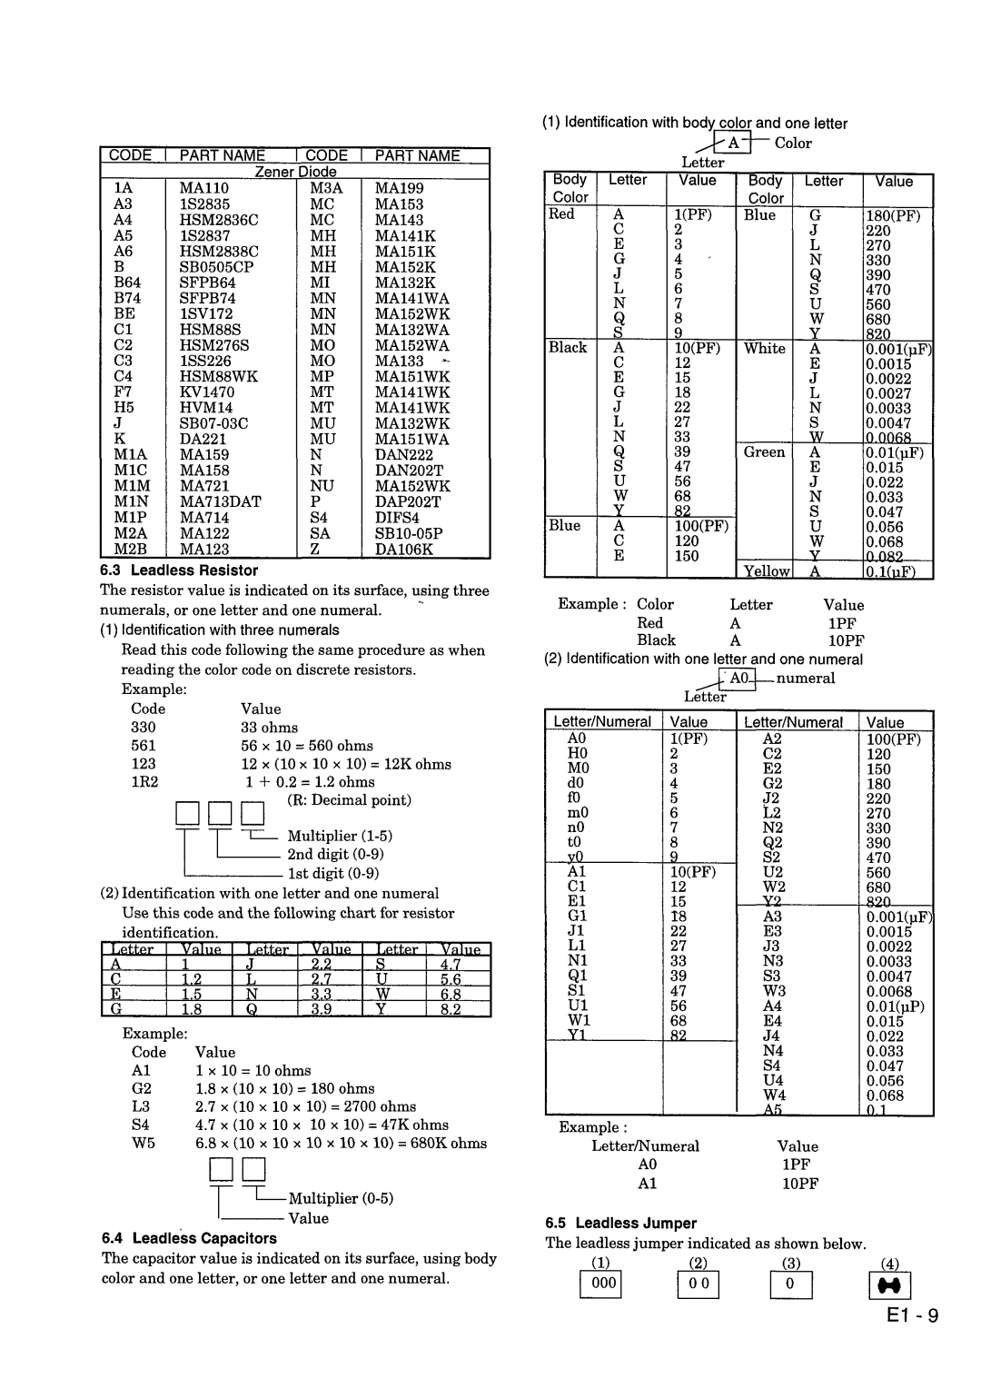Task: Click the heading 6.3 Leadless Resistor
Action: (180, 570)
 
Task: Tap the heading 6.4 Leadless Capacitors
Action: (189, 1238)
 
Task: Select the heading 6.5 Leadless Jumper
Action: (620, 1223)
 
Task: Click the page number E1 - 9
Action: (910, 1316)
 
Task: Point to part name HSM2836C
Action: (219, 220)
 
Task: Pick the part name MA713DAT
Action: (220, 501)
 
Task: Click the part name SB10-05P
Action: (409, 533)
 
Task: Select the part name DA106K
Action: (404, 549)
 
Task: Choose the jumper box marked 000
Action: (603, 1283)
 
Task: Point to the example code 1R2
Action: (144, 782)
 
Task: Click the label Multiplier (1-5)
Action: (340, 836)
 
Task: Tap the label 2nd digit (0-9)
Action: (336, 854)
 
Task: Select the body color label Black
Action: (568, 347)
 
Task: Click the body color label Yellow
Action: (767, 571)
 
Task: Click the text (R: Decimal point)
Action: (350, 800)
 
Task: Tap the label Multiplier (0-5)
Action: (341, 1198)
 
